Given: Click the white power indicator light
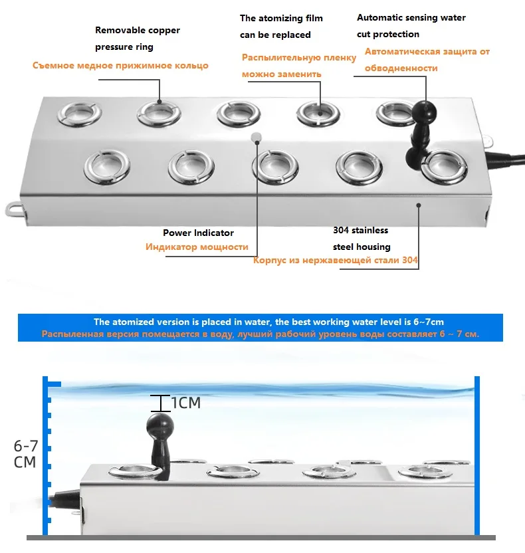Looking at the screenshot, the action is coord(255,138).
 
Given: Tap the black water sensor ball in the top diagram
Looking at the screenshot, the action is coord(421,111).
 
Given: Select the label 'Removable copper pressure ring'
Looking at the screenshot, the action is coord(138,39).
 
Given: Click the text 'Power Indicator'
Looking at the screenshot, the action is coord(198,233).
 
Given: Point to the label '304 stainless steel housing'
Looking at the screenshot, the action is coord(361,239).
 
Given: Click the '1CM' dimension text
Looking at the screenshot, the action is coord(186,403).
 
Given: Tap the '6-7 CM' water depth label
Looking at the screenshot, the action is coord(25,453).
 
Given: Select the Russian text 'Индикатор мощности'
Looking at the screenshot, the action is coord(197,247).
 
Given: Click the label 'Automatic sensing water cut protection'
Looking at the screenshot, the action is coord(411,26).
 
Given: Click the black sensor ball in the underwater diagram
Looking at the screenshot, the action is coord(160,423).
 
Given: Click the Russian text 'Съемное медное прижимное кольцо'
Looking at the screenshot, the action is coord(120,65).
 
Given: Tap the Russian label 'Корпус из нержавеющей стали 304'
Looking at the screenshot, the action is coord(336,260).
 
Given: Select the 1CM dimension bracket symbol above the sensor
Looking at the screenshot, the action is coord(160,403).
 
